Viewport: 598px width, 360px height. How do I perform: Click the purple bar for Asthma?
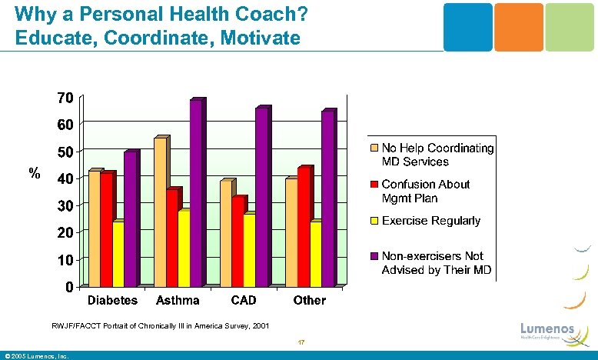[x=196, y=194]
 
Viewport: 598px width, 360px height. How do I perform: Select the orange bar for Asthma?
[x=160, y=212]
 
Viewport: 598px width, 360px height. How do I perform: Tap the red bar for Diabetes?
[x=106, y=229]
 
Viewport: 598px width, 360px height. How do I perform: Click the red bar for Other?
[x=303, y=228]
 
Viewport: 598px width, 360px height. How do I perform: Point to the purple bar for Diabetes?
[x=130, y=219]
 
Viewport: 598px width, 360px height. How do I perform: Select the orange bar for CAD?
[x=226, y=233]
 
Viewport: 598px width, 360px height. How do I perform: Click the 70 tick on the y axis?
[x=65, y=98]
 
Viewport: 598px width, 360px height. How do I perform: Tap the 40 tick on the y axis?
[x=65, y=178]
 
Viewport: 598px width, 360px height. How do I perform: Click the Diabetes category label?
[x=112, y=301]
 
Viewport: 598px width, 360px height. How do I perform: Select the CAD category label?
[x=244, y=301]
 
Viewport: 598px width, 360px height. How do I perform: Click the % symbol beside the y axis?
[x=34, y=174]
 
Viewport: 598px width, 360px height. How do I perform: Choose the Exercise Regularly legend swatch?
[x=374, y=222]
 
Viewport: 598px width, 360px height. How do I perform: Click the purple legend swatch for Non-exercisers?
[x=374, y=256]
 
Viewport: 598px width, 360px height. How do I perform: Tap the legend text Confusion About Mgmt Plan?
[x=425, y=192]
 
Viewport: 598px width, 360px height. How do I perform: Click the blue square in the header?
[x=468, y=27]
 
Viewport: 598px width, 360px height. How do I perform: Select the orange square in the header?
[x=519, y=27]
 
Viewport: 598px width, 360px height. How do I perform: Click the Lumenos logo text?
[x=547, y=329]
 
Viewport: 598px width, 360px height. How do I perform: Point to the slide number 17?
[x=302, y=343]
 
